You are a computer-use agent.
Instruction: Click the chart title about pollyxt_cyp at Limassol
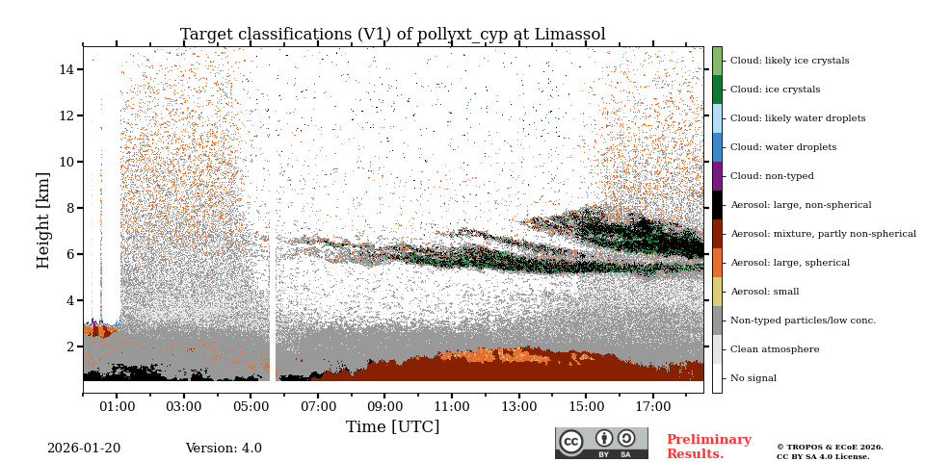coord(392,35)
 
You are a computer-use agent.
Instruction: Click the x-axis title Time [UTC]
coord(392,426)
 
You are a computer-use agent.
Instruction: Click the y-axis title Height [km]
coord(43,219)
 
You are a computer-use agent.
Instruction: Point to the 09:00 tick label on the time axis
coord(384,407)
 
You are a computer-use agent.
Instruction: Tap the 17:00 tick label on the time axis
coord(652,407)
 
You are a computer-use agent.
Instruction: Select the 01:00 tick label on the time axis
coord(117,407)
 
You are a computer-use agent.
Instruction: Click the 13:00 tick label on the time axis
coord(518,407)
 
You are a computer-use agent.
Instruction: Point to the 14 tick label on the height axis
coord(66,69)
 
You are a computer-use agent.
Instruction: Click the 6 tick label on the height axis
coord(70,254)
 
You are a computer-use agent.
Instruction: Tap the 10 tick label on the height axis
coord(66,162)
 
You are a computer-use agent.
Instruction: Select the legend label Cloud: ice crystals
coord(775,90)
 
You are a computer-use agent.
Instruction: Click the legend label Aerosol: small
coord(764,292)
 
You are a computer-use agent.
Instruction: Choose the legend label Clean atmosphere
coord(774,349)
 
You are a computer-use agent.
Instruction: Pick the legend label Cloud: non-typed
coord(772,176)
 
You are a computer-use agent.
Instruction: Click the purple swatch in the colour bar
coord(717,176)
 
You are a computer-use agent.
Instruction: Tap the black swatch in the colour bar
coord(717,205)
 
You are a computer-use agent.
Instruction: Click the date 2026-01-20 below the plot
coord(84,449)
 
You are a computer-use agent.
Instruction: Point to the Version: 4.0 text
coord(224,449)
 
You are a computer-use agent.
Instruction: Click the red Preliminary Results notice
coord(708,447)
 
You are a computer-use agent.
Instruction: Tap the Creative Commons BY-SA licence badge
coord(601,443)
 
